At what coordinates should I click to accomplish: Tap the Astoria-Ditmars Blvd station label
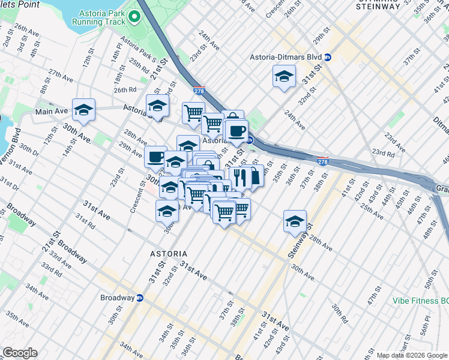click(286, 58)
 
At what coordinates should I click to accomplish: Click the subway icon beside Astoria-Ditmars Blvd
click(328, 58)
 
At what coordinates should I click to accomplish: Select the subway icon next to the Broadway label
click(140, 298)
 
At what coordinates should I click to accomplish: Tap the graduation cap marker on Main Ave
click(84, 110)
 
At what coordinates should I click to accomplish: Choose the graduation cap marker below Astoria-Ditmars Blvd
click(284, 76)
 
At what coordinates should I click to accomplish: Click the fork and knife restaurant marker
click(239, 177)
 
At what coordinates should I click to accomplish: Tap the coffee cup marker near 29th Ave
click(156, 157)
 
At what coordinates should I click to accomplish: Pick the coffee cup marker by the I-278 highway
click(236, 130)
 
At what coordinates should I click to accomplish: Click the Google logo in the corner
click(20, 353)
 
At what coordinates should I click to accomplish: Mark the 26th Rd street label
click(125, 90)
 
